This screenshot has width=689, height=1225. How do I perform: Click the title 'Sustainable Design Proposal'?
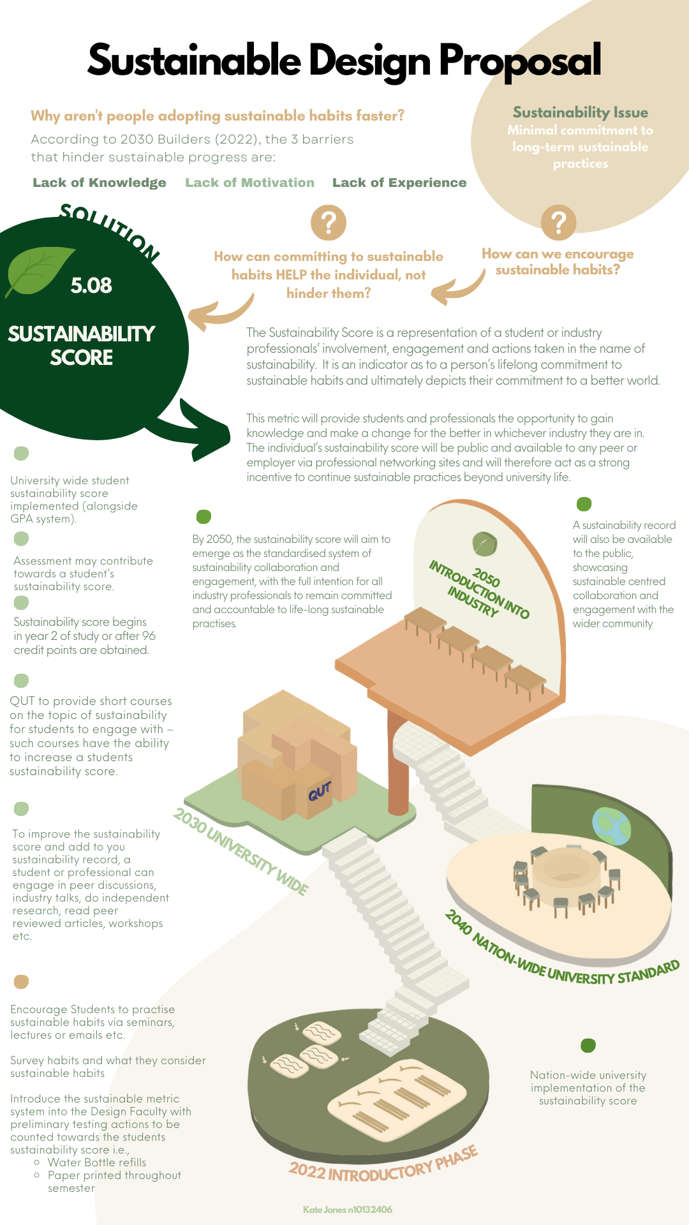pos(344,61)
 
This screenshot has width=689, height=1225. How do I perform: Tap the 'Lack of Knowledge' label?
pos(100,182)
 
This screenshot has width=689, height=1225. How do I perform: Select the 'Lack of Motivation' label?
pos(250,182)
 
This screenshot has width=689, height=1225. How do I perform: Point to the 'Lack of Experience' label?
pos(399,182)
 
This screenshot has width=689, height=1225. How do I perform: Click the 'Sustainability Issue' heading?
pos(581,112)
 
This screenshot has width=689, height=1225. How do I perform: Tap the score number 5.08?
pos(91,285)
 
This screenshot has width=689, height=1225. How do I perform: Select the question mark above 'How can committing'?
pos(329,223)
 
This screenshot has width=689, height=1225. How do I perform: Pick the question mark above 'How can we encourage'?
pos(559,222)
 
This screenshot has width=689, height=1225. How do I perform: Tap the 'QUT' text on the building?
pos(320,791)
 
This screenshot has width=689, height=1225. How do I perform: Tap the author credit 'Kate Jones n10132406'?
pos(348,1210)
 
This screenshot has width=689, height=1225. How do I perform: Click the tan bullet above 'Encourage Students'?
pos(21,982)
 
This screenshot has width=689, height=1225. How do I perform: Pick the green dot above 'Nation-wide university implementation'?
pos(588,1045)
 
